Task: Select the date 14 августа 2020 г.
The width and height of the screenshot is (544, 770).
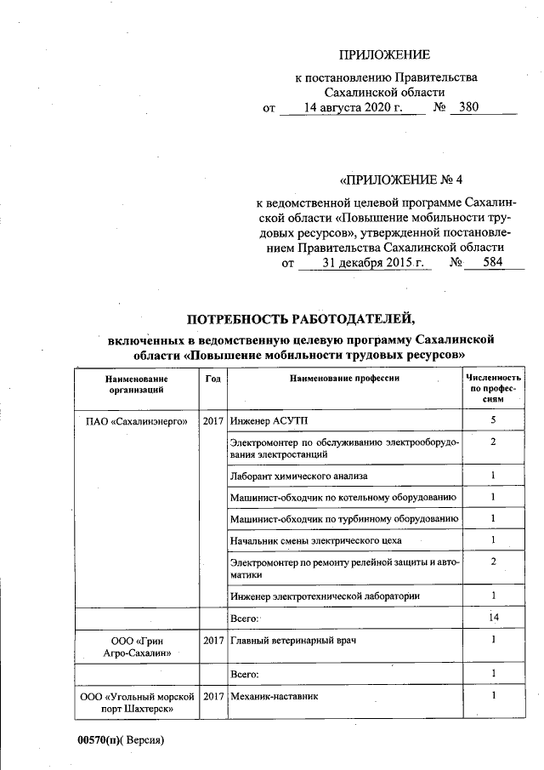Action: [x=352, y=109]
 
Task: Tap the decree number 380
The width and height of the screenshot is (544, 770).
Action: [x=468, y=109]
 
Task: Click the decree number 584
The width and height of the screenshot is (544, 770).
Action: [x=492, y=264]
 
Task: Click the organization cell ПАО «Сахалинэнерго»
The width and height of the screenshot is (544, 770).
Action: [x=137, y=421]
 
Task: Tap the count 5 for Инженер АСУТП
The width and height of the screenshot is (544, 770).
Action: [x=493, y=421]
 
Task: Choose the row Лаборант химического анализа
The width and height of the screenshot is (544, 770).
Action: [x=298, y=475]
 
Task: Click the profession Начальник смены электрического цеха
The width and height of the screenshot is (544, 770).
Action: [x=315, y=540]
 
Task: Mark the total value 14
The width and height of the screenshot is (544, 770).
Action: [x=493, y=617]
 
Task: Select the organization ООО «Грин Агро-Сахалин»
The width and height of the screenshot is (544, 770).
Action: [x=137, y=647]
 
